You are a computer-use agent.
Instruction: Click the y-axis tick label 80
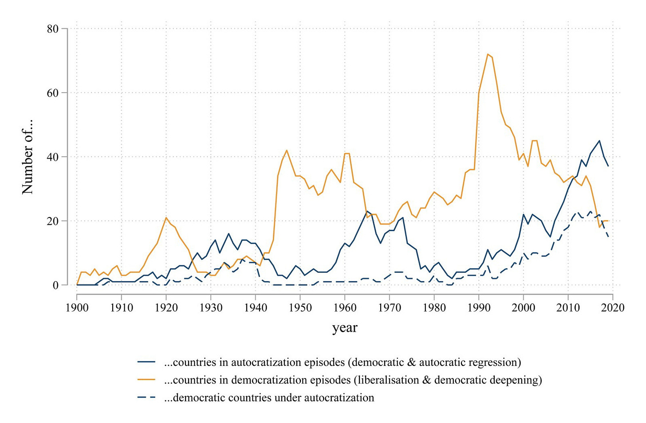point(52,29)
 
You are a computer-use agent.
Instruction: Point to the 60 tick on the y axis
point(52,93)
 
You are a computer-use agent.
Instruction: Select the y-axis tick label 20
point(52,221)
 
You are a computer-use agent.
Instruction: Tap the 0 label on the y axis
point(55,285)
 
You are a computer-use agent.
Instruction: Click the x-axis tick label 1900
point(77,307)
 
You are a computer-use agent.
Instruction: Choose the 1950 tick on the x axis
point(300,307)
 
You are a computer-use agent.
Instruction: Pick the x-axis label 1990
point(479,307)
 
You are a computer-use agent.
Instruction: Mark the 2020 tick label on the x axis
point(613,307)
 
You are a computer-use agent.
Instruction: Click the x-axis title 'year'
point(345,328)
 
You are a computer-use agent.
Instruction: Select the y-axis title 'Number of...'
point(28,157)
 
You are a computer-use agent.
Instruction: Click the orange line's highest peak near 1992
point(488,54)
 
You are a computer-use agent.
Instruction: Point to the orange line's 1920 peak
point(166,217)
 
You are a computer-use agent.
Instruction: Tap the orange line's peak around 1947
point(287,150)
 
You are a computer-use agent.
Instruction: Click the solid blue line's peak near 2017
point(599,141)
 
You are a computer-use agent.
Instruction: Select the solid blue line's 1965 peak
point(367,211)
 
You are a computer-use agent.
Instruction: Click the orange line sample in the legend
point(146,380)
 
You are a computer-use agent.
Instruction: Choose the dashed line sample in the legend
point(146,398)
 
